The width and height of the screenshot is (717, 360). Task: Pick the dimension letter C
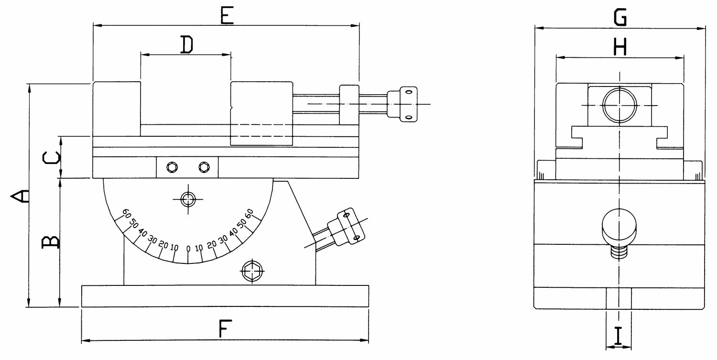click(51, 157)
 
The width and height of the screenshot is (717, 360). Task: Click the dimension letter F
click(225, 328)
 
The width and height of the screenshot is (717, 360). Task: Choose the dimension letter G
click(620, 17)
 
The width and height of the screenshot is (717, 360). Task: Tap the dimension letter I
click(618, 335)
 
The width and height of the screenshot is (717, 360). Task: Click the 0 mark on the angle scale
click(188, 249)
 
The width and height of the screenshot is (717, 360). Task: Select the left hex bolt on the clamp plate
click(172, 167)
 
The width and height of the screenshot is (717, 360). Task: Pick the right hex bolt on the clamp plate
click(204, 167)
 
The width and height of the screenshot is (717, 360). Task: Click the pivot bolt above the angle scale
click(188, 199)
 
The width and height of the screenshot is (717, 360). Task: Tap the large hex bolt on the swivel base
click(252, 271)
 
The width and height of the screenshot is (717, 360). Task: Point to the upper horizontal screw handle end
click(402, 104)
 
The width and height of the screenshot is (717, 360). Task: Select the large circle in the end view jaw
click(619, 105)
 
